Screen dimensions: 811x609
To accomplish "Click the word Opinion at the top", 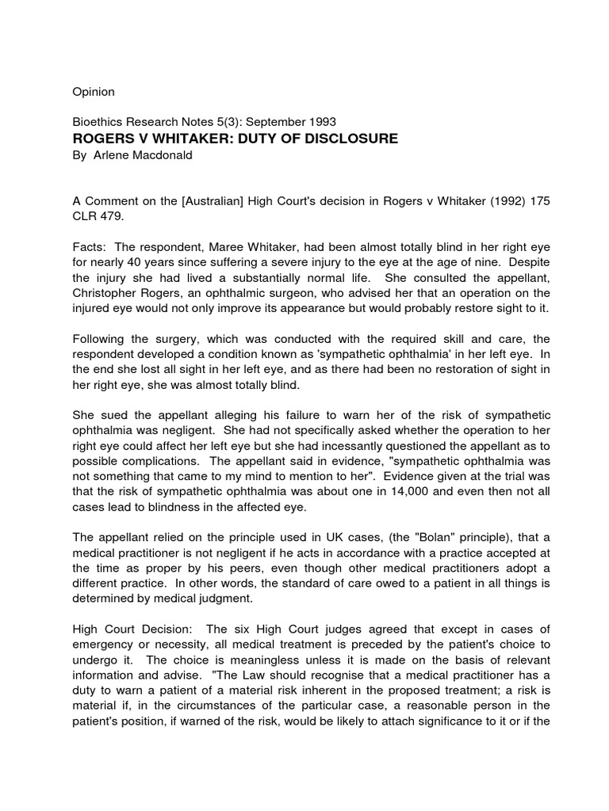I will (94, 92).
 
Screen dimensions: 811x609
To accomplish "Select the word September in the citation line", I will (271, 122).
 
